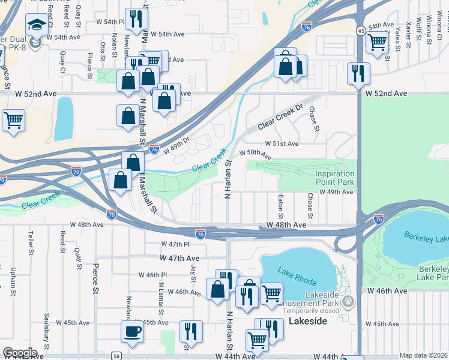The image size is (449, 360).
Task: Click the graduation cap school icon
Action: pyautogui.click(x=36, y=25)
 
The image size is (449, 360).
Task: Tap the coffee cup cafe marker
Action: pyautogui.click(x=132, y=331)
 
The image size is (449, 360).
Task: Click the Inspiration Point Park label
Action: pyautogui.click(x=335, y=178)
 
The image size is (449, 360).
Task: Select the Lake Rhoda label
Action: pyautogui.click(x=294, y=275)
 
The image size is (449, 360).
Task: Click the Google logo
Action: pyautogui.click(x=20, y=352)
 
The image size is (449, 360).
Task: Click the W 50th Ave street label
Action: pyautogui.click(x=255, y=154)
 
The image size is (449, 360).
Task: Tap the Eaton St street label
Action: pyautogui.click(x=281, y=205)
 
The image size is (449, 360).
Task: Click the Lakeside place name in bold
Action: pyautogui.click(x=308, y=322)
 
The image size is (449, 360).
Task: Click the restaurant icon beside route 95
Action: pyautogui.click(x=358, y=73)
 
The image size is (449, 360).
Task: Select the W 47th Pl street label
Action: pyautogui.click(x=175, y=245)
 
